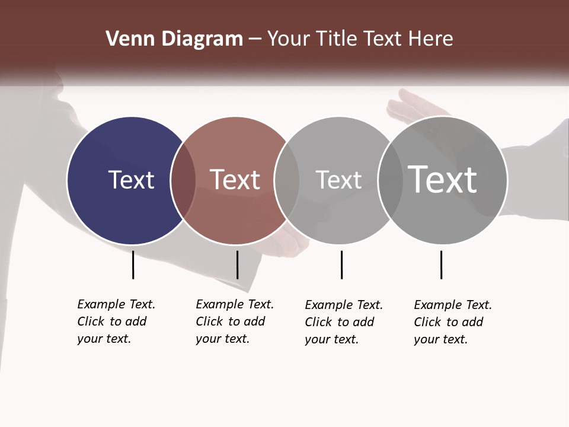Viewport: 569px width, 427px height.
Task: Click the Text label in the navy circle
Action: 131,180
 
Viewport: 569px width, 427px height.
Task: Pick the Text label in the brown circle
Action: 235,180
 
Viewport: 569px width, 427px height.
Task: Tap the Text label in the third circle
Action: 338,180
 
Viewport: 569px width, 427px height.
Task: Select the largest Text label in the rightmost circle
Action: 443,179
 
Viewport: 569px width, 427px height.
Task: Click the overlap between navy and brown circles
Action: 183,180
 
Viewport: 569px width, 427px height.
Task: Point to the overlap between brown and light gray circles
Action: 287,180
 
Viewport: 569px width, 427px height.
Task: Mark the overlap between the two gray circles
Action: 389,180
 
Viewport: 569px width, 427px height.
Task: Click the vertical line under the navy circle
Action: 133,265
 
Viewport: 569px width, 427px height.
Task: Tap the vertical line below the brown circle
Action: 237,265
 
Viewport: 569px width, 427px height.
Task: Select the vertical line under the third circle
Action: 341,265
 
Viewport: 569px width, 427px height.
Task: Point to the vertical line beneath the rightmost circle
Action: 441,265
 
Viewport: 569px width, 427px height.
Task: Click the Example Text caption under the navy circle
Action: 116,321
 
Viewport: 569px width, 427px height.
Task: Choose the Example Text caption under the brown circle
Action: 234,321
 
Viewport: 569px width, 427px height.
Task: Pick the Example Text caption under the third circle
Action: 343,322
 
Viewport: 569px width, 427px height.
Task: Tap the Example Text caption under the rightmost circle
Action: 452,322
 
